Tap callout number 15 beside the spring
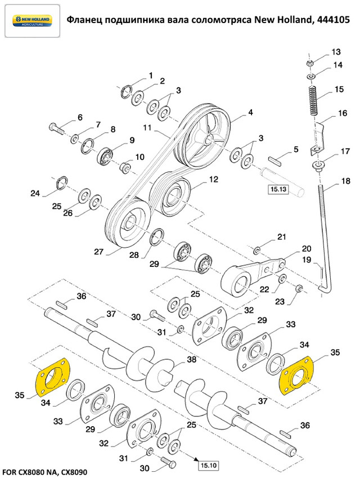pyautogui.click(x=339, y=90)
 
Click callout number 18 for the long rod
pyautogui.click(x=345, y=182)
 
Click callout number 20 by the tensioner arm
pyautogui.click(x=290, y=248)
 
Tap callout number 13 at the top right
pyautogui.click(x=336, y=51)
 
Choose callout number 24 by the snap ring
pyautogui.click(x=35, y=194)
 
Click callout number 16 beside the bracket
pyautogui.click(x=343, y=114)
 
